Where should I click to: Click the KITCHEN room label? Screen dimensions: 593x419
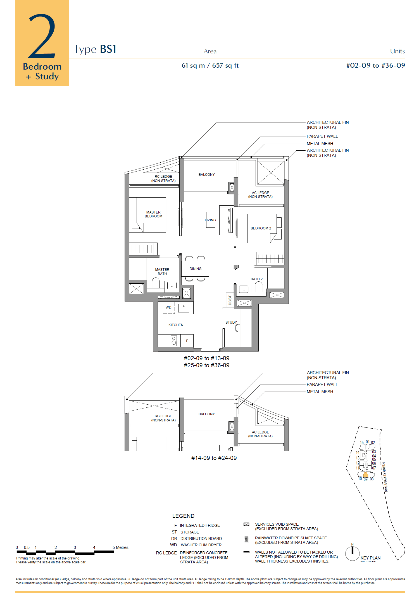click(x=176, y=325)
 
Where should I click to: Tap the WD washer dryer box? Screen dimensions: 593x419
click(x=169, y=307)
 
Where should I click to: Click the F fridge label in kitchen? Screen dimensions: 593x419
click(x=187, y=341)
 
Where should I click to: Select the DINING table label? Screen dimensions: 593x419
click(x=195, y=269)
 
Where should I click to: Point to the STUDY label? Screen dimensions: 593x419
click(x=231, y=322)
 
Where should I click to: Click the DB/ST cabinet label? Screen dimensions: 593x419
click(x=230, y=300)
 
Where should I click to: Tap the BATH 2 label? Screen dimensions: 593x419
click(x=256, y=279)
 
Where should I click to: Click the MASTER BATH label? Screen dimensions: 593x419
click(x=162, y=272)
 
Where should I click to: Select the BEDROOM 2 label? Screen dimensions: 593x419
click(x=261, y=228)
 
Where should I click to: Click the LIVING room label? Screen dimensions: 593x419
click(x=210, y=220)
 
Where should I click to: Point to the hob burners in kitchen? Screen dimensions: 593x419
click(x=174, y=340)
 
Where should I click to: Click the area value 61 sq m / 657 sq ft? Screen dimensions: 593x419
click(x=210, y=65)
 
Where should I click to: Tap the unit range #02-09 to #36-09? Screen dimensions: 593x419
click(x=375, y=65)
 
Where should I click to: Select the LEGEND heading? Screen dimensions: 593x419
click(x=183, y=516)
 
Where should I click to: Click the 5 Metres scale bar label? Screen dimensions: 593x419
click(x=120, y=547)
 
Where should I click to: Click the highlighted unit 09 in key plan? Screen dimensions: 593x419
click(x=365, y=475)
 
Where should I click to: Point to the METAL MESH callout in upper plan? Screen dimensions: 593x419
click(x=320, y=143)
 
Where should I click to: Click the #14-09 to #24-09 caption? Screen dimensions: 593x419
click(x=214, y=458)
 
